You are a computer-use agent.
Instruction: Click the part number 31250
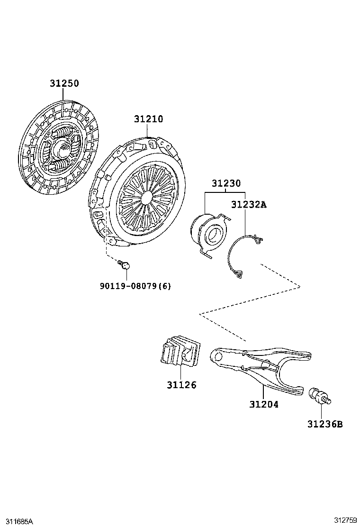tap(64, 83)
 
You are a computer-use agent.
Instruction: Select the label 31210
tap(148, 119)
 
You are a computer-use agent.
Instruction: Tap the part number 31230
tap(226, 183)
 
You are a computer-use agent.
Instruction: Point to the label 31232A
tap(249, 205)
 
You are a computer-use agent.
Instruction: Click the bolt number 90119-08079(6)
tap(135, 286)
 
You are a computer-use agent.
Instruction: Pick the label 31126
tap(181, 385)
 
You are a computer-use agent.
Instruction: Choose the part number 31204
tap(264, 404)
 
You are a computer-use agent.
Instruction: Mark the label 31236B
tap(324, 424)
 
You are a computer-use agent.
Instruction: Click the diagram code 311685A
tap(17, 521)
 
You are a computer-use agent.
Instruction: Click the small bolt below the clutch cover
tap(125, 264)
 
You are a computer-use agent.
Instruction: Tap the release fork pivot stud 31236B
tap(319, 396)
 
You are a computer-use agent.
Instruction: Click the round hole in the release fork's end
tap(218, 355)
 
